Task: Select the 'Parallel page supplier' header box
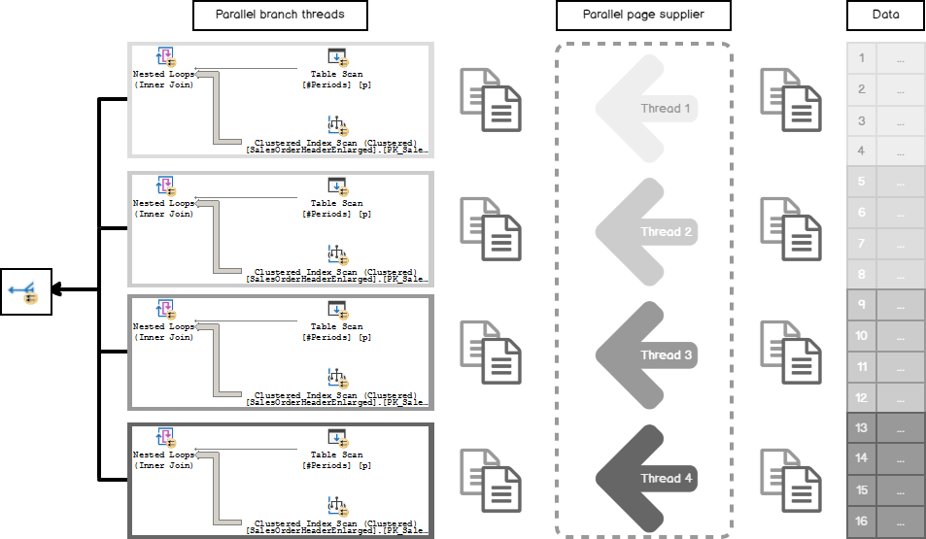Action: [642, 16]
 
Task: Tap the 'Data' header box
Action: [885, 16]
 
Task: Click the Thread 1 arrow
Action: [645, 108]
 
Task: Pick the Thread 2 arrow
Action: [645, 232]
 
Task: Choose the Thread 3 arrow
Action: [645, 354]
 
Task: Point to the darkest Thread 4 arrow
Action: [645, 478]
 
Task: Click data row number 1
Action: [885, 58]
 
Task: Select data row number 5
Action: [885, 182]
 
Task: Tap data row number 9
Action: [885, 305]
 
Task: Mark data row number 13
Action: [885, 427]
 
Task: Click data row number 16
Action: [885, 522]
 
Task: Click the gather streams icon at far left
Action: [24, 289]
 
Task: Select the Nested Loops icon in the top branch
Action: [165, 57]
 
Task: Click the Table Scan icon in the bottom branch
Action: [337, 438]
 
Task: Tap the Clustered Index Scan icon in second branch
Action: [336, 254]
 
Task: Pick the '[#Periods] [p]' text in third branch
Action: [336, 337]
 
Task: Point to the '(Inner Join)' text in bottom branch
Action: [164, 465]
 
